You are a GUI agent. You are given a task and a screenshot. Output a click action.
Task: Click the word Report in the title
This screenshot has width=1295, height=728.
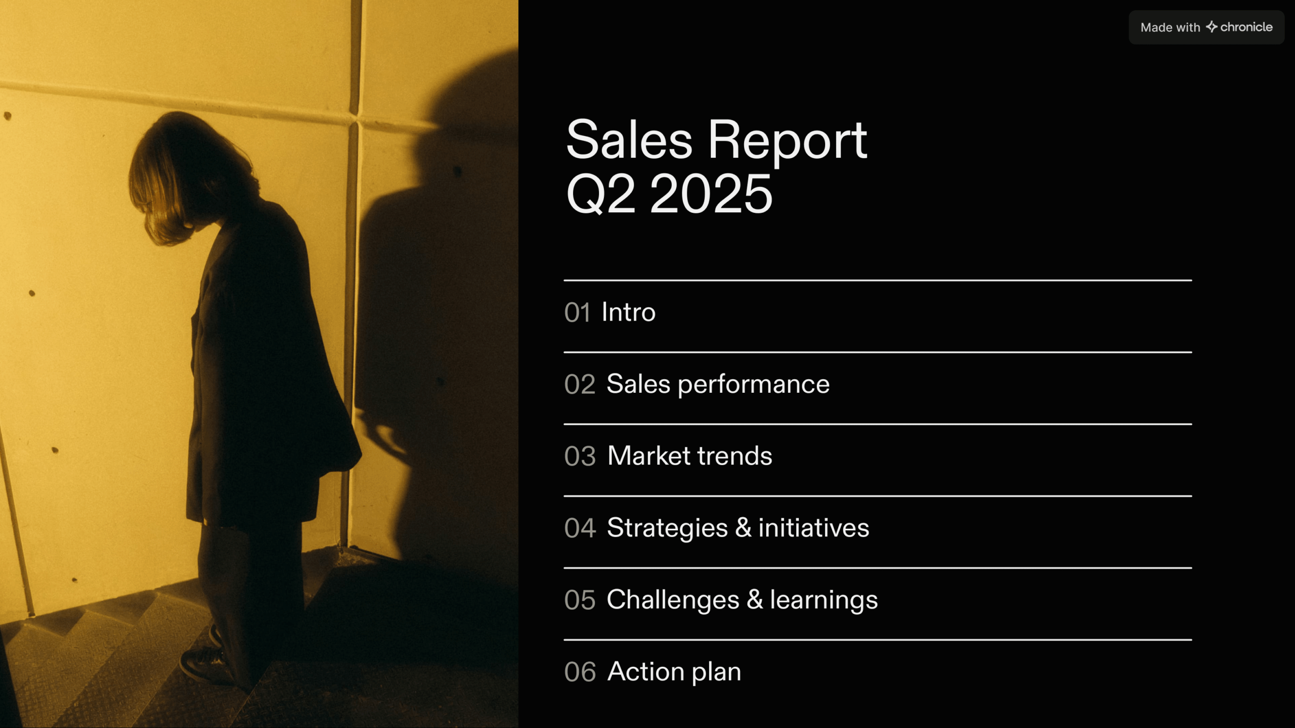click(787, 141)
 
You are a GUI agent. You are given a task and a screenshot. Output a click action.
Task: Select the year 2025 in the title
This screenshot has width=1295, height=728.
click(711, 194)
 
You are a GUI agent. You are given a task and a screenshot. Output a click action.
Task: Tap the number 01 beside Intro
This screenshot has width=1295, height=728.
click(577, 312)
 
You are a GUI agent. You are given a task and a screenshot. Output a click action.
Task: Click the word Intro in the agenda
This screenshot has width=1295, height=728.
click(628, 312)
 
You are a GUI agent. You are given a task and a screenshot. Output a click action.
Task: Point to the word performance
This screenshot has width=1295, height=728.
click(753, 385)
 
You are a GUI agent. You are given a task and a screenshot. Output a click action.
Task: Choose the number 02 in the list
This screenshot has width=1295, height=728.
click(580, 385)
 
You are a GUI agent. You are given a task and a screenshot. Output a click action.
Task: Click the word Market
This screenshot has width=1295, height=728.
click(649, 456)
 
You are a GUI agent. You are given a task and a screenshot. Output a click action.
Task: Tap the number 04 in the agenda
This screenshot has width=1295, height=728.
click(580, 528)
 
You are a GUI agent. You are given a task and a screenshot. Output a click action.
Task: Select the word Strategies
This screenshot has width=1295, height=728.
click(667, 528)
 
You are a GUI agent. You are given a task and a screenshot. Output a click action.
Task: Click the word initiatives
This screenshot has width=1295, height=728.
click(813, 528)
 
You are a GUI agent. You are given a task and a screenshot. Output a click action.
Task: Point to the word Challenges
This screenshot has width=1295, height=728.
click(673, 600)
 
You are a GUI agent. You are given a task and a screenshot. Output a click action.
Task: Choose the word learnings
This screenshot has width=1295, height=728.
click(824, 600)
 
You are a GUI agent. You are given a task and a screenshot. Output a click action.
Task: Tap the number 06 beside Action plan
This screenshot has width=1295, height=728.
click(580, 672)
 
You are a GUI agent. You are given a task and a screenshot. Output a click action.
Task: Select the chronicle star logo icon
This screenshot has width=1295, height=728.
click(1212, 27)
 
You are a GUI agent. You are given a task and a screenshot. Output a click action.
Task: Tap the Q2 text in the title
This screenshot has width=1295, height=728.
click(600, 194)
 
